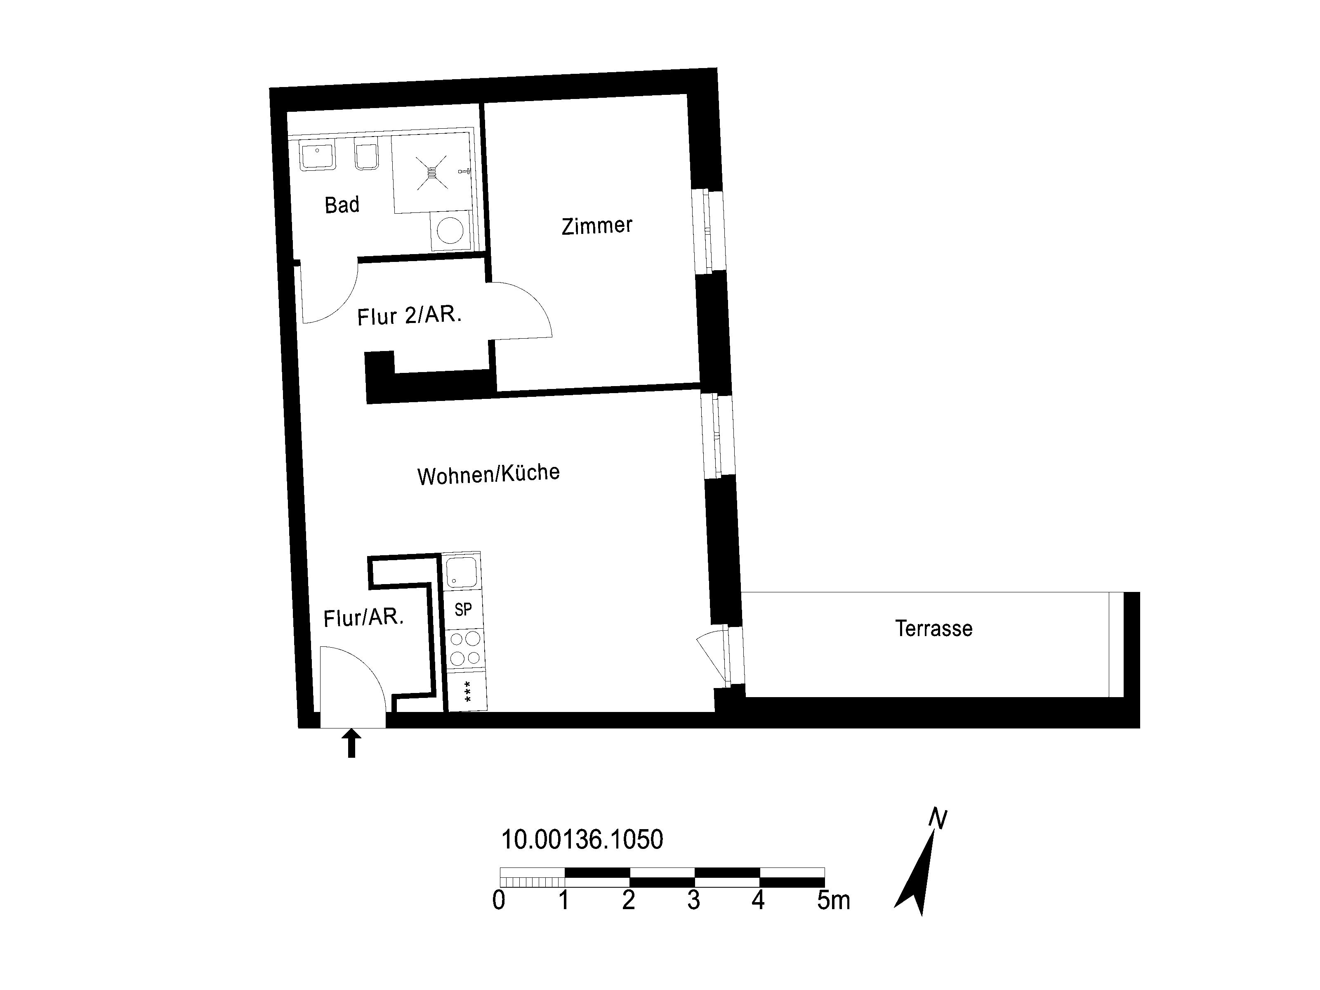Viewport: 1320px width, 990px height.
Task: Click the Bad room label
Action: click(342, 205)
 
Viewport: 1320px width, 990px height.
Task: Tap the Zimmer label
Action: click(597, 226)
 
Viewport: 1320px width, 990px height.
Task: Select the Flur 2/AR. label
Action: click(409, 315)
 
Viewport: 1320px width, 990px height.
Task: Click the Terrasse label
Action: click(933, 628)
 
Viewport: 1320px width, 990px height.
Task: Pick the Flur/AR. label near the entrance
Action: click(363, 618)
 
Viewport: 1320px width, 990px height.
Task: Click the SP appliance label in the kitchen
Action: click(463, 609)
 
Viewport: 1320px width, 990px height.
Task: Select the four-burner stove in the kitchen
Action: click(465, 649)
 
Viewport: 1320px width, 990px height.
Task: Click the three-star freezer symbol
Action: click(467, 691)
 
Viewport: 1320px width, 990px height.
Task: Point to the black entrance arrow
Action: click(351, 743)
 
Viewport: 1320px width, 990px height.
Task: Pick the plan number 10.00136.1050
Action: click(582, 839)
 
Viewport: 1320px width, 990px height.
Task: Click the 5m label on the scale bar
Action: click(833, 900)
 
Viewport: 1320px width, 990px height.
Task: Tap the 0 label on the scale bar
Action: click(499, 900)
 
